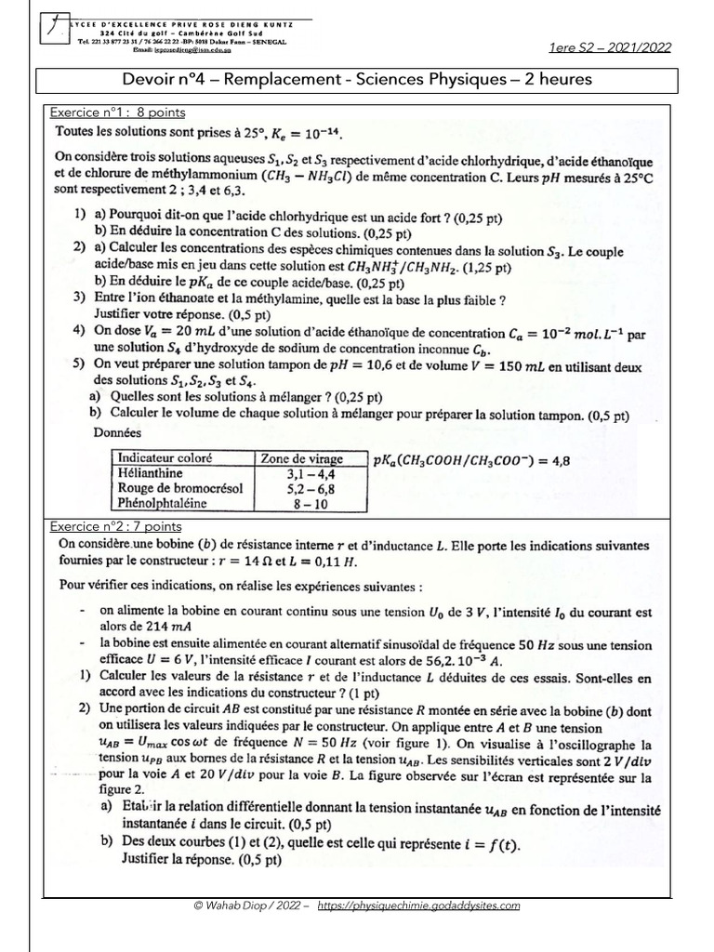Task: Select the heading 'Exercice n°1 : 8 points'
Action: pyautogui.click(x=117, y=112)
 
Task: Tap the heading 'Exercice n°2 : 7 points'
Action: pyautogui.click(x=117, y=526)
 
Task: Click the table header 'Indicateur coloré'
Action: pyautogui.click(x=165, y=458)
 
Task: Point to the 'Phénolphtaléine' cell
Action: pyautogui.click(x=162, y=504)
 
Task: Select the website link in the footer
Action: pyautogui.click(x=418, y=906)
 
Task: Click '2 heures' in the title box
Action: pyautogui.click(x=558, y=79)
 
